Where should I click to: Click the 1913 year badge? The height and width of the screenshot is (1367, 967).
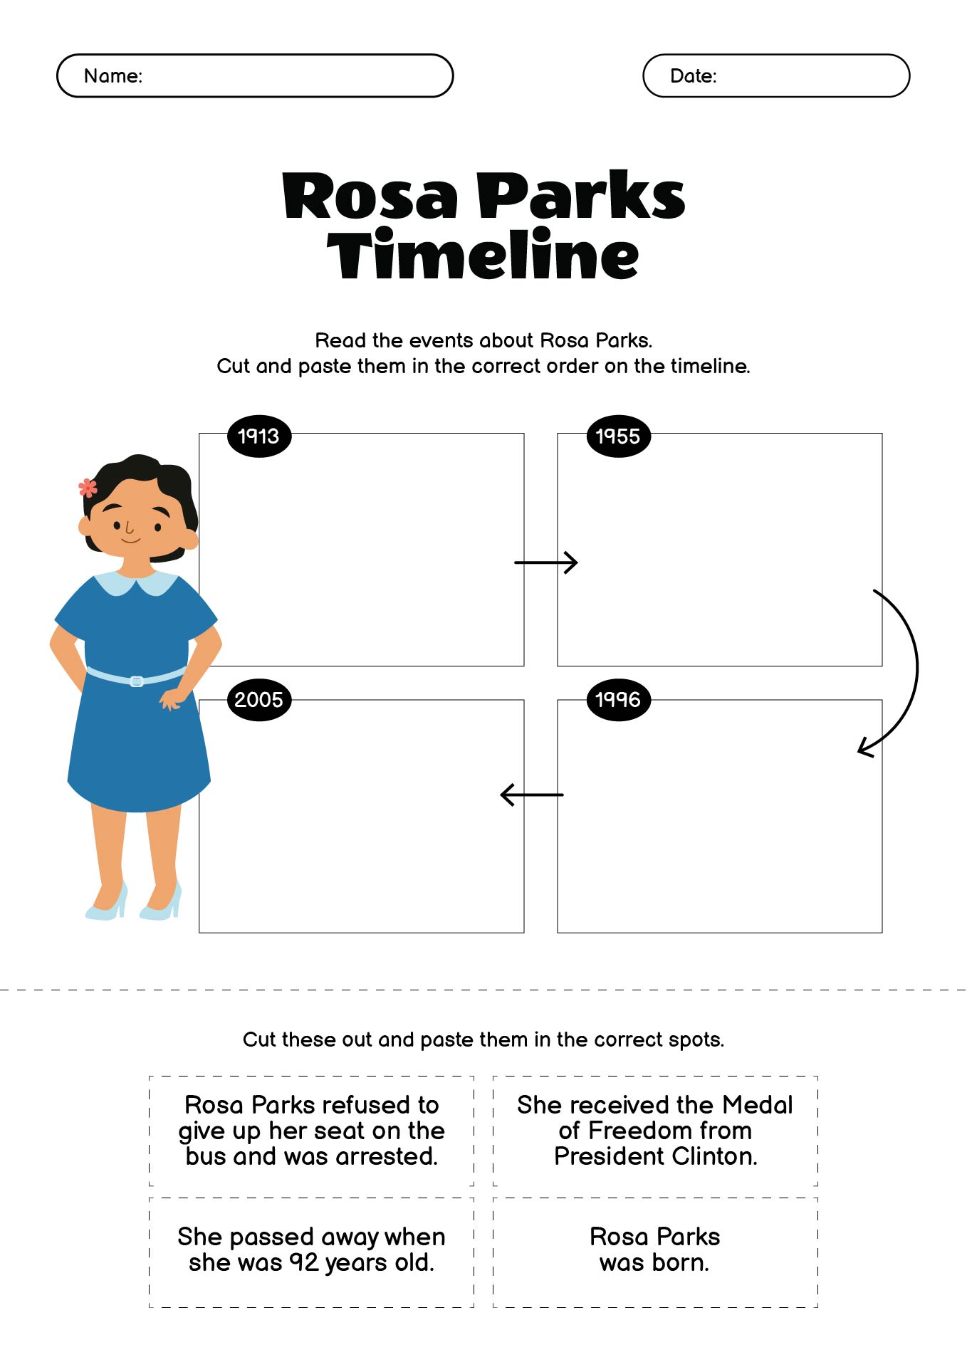pos(258,436)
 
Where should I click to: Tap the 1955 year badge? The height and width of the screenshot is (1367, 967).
pos(618,436)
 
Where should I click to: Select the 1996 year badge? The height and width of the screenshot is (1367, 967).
pos(618,699)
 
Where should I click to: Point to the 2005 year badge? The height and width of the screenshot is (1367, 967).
pos(258,699)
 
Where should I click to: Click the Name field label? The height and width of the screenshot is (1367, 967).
pos(113,75)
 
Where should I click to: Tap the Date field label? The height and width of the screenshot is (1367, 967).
pos(694,75)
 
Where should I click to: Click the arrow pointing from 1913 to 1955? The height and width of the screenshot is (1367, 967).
pos(545,562)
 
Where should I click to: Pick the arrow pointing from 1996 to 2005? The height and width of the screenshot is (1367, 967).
pos(532,795)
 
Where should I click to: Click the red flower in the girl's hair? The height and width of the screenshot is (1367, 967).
pos(88,488)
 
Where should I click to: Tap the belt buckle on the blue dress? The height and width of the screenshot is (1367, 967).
pos(137,681)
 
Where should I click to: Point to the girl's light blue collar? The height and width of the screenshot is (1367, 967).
pos(137,582)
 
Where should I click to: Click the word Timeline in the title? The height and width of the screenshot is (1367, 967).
pos(483,254)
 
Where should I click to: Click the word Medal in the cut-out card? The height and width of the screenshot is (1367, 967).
pos(757,1105)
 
